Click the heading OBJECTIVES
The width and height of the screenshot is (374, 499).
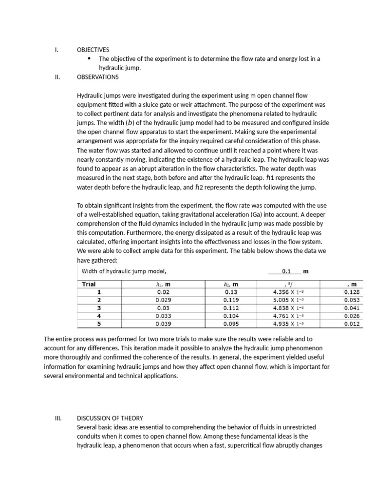click(x=93, y=50)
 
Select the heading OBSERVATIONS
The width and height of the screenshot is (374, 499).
click(x=97, y=77)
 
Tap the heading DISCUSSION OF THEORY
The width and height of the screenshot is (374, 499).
click(x=110, y=418)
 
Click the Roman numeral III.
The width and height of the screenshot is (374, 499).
click(x=58, y=418)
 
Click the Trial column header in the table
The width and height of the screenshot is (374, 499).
click(x=89, y=284)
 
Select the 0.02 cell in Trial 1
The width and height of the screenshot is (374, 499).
click(x=163, y=292)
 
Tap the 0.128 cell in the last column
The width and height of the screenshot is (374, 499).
click(x=354, y=292)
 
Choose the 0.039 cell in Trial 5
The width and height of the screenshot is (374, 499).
click(x=163, y=323)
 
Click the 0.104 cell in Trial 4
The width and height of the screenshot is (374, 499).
click(x=231, y=316)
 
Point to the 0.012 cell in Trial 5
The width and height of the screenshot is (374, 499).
click(x=354, y=323)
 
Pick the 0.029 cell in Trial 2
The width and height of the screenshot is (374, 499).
click(x=163, y=300)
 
